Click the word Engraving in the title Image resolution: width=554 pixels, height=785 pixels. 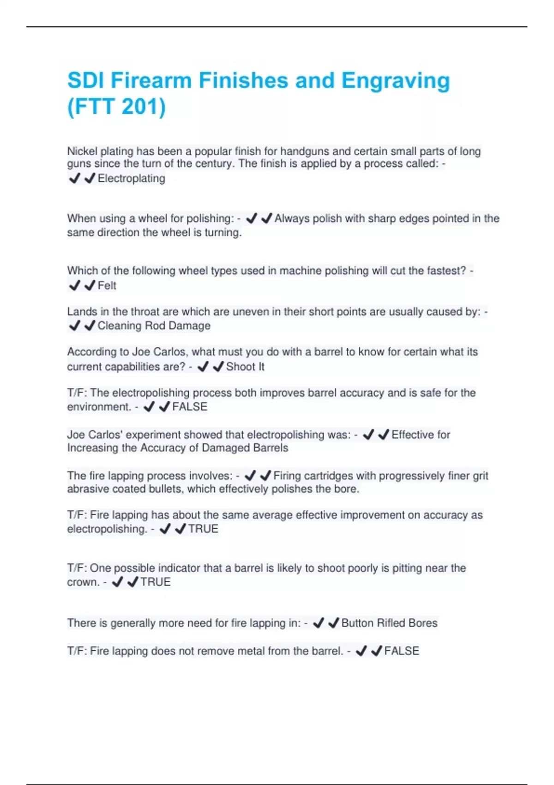(395, 81)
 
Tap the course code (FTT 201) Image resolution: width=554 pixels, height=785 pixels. (116, 107)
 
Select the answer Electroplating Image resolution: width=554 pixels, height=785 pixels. (131, 178)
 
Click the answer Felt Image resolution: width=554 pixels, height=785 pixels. (107, 286)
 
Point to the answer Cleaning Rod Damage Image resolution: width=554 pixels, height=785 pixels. (154, 326)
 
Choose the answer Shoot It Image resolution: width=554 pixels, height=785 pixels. (245, 367)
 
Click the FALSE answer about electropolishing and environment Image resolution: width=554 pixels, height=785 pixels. (190, 407)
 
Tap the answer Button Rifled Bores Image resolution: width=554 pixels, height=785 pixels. (389, 623)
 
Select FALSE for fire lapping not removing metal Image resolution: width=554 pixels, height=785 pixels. (402, 651)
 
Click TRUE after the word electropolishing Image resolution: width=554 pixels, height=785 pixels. (203, 529)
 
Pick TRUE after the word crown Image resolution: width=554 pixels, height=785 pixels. (156, 582)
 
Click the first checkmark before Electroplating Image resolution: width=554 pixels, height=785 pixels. (74, 178)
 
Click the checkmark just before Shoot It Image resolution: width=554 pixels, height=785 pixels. (218, 367)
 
